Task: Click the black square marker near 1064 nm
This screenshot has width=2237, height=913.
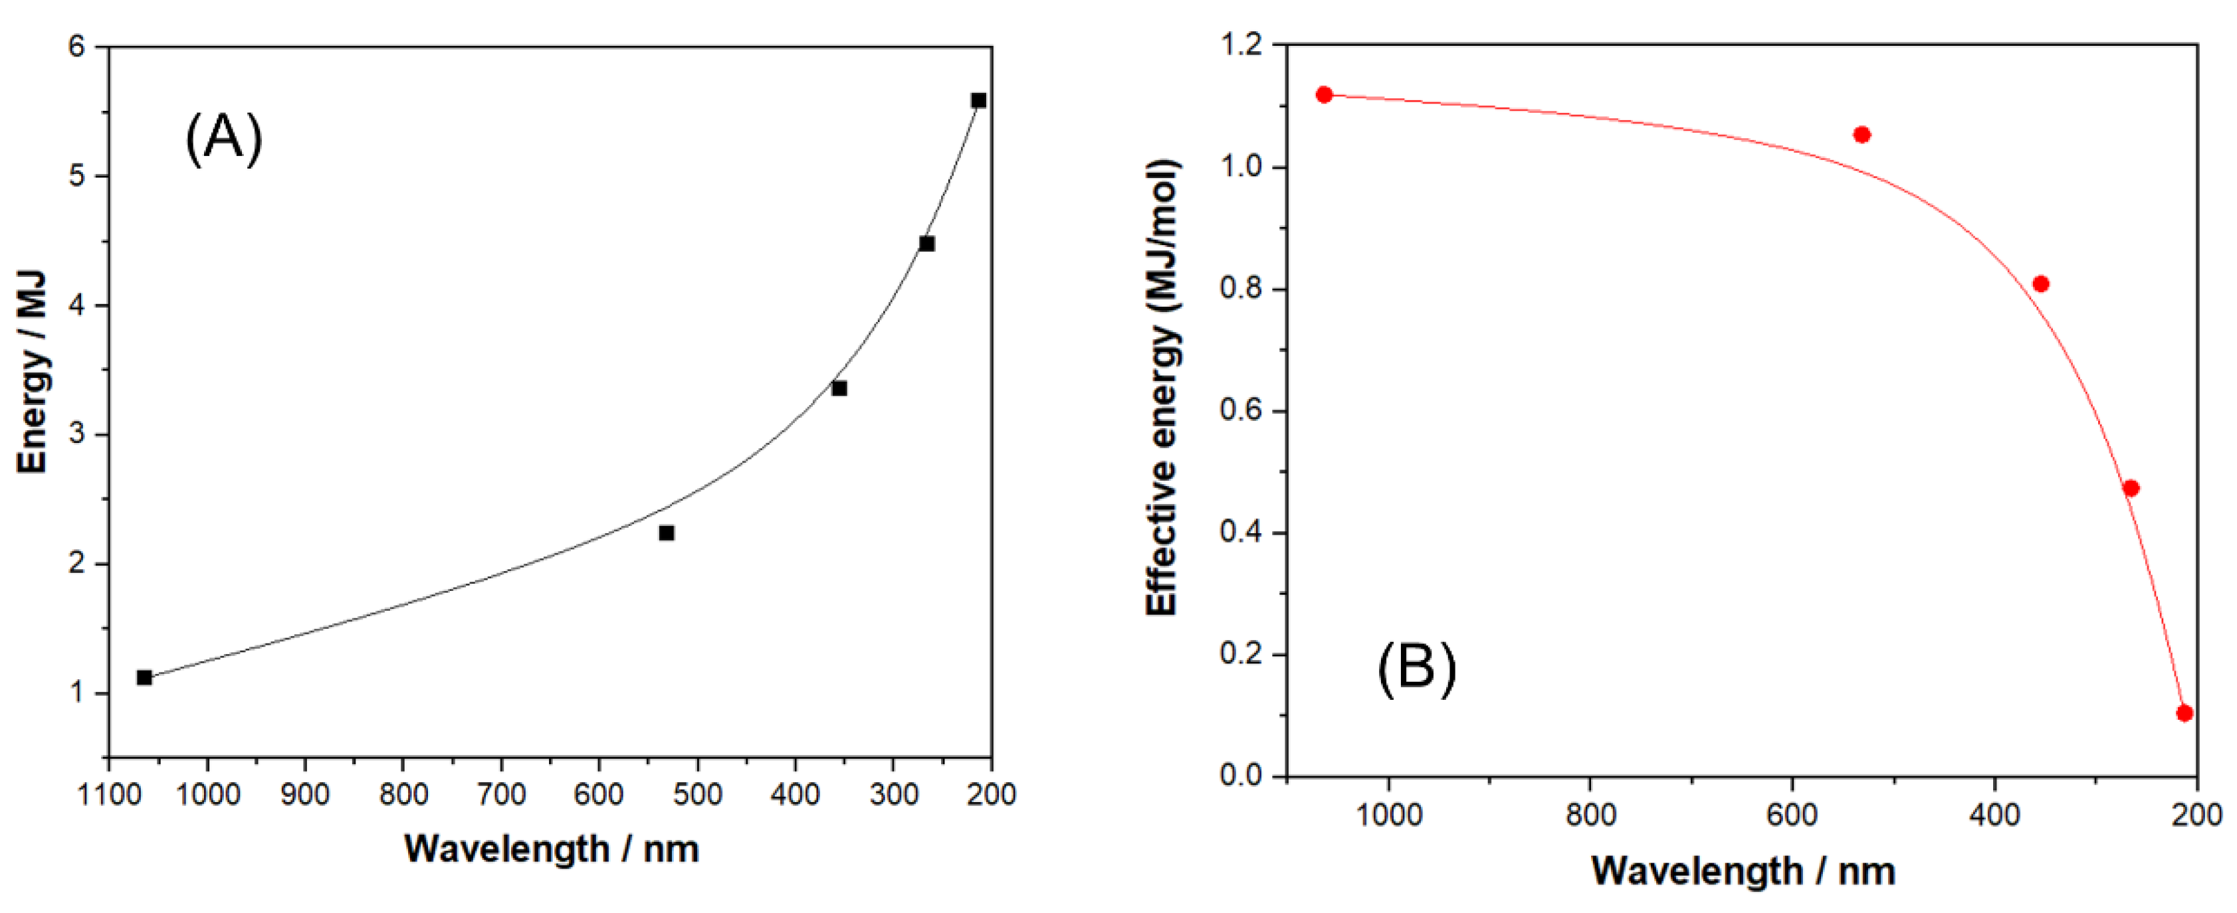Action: point(144,677)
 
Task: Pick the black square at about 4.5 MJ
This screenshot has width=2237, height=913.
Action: point(926,243)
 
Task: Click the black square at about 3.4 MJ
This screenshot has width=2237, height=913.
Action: point(839,388)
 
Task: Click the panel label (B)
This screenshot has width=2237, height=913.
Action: point(1416,668)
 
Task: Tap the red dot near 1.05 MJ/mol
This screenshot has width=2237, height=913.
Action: point(1861,135)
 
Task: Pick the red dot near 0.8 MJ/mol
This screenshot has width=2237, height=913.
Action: point(2041,284)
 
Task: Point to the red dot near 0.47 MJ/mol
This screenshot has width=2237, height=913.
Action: point(2130,488)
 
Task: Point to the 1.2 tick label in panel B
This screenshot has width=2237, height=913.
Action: point(1243,44)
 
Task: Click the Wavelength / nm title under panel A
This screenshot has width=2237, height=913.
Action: point(552,849)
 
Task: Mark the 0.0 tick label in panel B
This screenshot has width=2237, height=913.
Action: point(1243,774)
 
